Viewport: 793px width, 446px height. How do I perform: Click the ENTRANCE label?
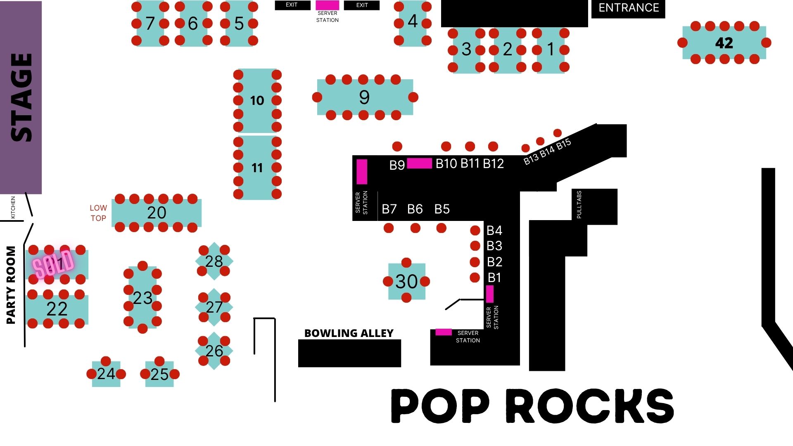(x=628, y=8)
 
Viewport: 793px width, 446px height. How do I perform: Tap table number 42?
(x=724, y=43)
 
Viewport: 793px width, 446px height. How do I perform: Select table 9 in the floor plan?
(x=365, y=97)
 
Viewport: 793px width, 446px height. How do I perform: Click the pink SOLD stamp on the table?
(x=53, y=263)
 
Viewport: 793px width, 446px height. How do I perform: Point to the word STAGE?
(x=21, y=97)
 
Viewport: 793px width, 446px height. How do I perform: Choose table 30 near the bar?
(x=406, y=281)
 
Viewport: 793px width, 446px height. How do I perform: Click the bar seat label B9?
(x=397, y=165)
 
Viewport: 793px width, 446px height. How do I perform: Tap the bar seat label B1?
(x=494, y=278)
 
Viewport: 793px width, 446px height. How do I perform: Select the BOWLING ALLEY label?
(x=349, y=333)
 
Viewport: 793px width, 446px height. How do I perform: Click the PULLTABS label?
(x=579, y=204)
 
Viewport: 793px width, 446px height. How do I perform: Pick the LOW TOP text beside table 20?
(x=98, y=213)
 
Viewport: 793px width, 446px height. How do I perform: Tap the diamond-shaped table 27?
(x=214, y=307)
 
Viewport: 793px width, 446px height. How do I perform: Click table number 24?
(x=106, y=374)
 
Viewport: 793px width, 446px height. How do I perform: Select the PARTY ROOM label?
(x=11, y=285)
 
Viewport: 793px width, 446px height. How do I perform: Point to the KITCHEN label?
(x=13, y=207)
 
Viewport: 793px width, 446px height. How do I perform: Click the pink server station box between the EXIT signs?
(x=327, y=5)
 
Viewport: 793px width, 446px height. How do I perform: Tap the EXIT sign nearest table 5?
(x=292, y=5)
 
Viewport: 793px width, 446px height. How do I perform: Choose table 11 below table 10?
(x=257, y=168)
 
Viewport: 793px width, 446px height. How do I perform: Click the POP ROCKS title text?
(x=532, y=406)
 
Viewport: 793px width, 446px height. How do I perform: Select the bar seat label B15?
(x=564, y=145)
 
